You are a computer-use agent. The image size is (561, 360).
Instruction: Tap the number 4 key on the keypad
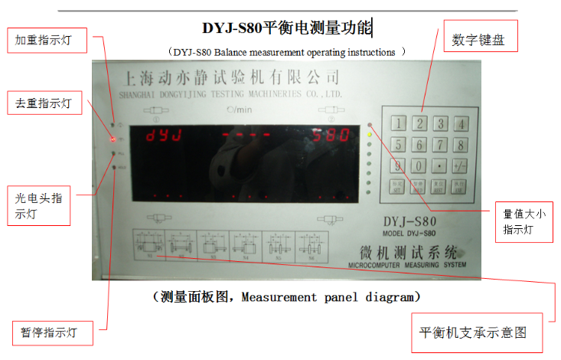tap(460, 123)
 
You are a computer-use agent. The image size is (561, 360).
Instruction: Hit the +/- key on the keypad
tap(460, 165)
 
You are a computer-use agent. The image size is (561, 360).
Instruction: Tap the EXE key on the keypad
tap(460, 186)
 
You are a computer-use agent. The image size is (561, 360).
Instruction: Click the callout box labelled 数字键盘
tap(479, 37)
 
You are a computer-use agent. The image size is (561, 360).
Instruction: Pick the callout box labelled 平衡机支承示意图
tap(472, 333)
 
